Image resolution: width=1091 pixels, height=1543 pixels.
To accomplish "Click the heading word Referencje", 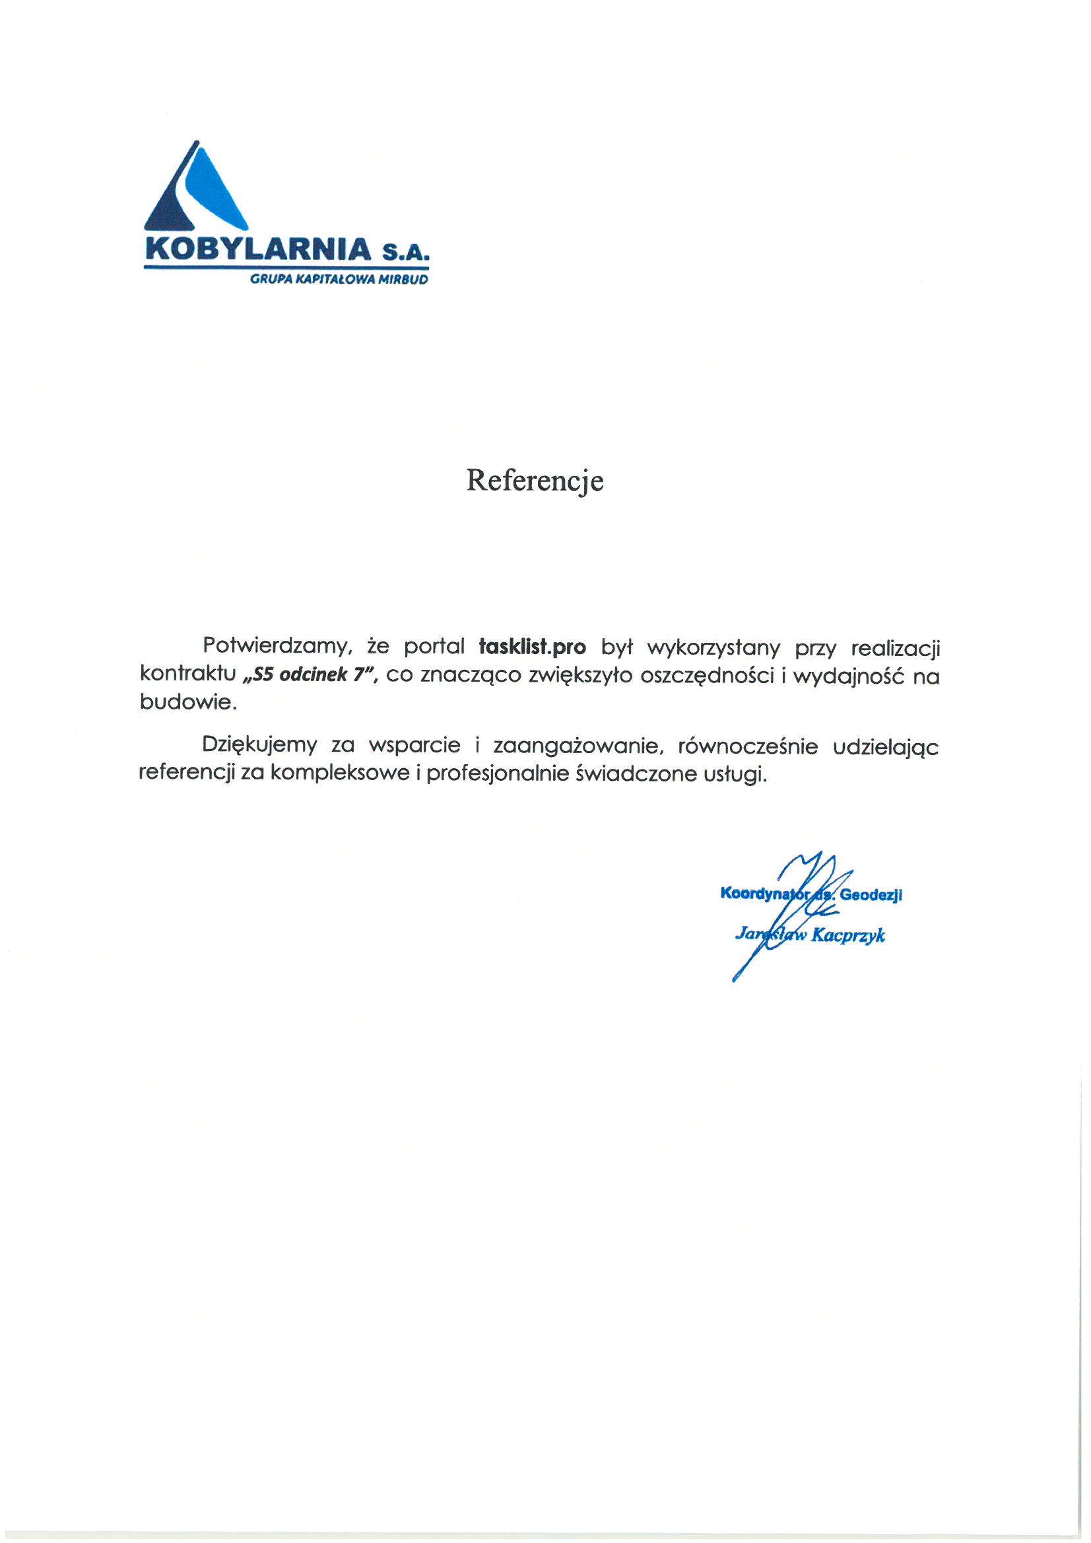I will coord(535,481).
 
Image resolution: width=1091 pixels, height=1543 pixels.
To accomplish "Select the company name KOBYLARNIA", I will coord(258,249).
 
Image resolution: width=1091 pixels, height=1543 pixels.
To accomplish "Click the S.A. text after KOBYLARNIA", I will coord(405,253).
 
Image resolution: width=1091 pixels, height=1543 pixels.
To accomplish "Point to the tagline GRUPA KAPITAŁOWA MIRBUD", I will coord(338,280).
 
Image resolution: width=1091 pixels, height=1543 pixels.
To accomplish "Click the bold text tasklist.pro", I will coord(532,647).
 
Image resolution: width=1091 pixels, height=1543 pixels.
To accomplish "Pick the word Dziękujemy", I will coord(259,745).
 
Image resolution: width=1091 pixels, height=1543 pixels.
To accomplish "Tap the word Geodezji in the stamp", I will coord(871,894).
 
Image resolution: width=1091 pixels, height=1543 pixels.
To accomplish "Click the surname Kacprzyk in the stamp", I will coord(847,935).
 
